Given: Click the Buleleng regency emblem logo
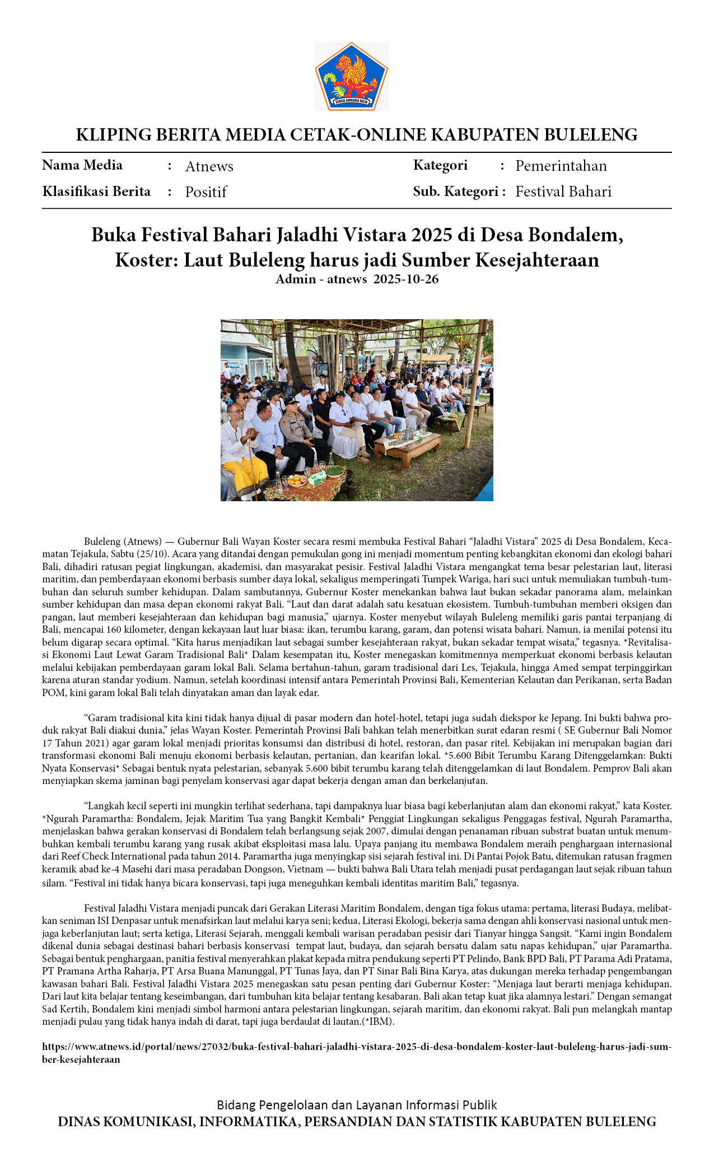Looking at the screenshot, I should pyautogui.click(x=352, y=76).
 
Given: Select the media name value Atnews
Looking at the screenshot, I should pyautogui.click(x=209, y=166).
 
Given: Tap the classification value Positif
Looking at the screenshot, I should pyautogui.click(x=206, y=192).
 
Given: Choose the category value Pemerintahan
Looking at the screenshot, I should pyautogui.click(x=561, y=166).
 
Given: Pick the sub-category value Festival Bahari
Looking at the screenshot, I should pyautogui.click(x=563, y=192).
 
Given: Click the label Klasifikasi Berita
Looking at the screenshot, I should pyautogui.click(x=96, y=192).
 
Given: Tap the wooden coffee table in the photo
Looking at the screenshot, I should pyautogui.click(x=407, y=446).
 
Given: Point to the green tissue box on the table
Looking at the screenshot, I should pyautogui.click(x=318, y=477).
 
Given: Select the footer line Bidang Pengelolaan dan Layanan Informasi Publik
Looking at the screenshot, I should pyautogui.click(x=357, y=1105).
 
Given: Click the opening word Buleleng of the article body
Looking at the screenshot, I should pyautogui.click(x=102, y=542).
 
